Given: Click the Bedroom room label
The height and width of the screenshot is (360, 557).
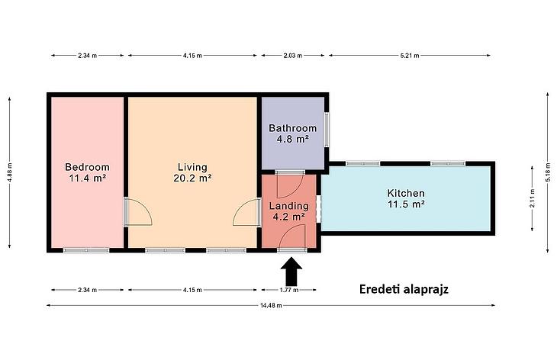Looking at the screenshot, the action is tap(88, 167).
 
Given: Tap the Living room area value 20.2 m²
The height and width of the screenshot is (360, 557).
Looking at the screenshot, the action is tap(193, 178).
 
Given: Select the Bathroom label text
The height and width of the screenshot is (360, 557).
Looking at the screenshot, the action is tap(293, 128).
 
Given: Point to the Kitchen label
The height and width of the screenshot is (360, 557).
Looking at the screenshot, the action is tap(406, 193).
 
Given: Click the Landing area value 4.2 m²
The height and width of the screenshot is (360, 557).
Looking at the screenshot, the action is tap(289, 217).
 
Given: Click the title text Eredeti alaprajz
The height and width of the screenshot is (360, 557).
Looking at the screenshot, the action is tap(404, 289).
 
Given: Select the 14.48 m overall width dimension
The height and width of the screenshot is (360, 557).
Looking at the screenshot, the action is tap(271, 305).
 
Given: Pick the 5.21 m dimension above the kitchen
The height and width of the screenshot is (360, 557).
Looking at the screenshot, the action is tap(410, 56).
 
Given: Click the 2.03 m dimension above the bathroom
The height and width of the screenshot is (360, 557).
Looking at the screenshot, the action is tap(293, 56).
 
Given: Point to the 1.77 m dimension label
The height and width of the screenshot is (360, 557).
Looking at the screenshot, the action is tap(289, 290).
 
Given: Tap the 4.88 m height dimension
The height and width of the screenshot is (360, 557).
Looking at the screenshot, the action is tap(10, 172).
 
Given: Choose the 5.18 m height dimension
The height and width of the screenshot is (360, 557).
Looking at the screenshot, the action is tap(547, 172).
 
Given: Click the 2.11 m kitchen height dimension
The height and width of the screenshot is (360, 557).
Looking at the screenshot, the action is tap(532, 198).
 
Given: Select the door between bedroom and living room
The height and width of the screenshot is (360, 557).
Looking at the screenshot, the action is tap(138, 212).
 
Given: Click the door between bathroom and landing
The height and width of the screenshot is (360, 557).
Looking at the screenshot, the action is tap(290, 185).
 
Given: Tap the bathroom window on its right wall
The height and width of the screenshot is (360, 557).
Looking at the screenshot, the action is tap(326, 130).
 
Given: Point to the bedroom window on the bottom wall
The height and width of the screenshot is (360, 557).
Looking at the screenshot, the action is tap(86, 250).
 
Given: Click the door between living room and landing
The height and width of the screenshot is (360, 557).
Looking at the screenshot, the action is tap(247, 212).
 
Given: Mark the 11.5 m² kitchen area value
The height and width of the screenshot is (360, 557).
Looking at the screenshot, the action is tap(406, 204).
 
